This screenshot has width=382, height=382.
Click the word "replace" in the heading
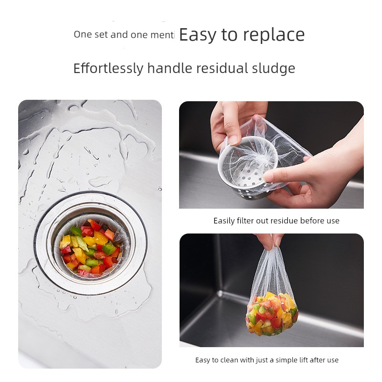point(274,35)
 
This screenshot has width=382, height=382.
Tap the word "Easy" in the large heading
point(198,35)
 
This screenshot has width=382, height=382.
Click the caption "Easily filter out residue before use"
point(276,221)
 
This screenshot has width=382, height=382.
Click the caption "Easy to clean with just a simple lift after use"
point(267,360)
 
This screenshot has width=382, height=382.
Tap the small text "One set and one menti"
point(124,34)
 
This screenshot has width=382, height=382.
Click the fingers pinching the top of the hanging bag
point(269,241)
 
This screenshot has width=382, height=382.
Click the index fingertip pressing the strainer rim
point(267,178)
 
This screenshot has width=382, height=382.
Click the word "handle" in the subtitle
point(170,68)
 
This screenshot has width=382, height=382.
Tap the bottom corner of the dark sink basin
point(220,293)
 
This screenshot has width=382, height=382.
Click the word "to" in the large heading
point(229,35)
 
